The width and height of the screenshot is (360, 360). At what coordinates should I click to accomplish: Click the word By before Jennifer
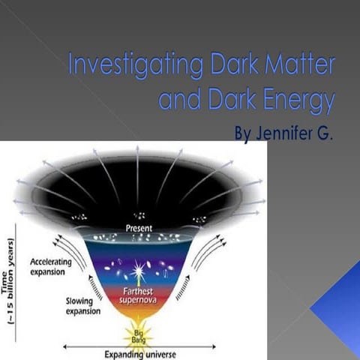(244, 135)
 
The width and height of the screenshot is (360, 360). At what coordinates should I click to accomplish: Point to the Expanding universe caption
(136, 354)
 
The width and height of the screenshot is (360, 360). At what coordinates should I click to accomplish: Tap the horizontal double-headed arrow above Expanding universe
(136, 346)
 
